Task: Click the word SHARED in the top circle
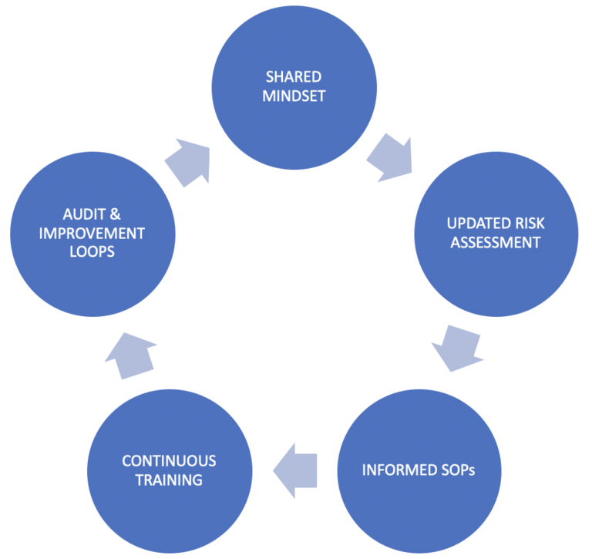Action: [x=294, y=77]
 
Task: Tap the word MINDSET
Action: [x=294, y=96]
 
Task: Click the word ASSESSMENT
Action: [x=496, y=244]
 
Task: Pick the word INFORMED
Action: [x=392, y=470]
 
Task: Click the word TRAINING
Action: [x=169, y=480]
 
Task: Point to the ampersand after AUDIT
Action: [x=111, y=214]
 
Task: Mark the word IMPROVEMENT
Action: [x=86, y=233]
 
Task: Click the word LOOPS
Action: [x=86, y=252]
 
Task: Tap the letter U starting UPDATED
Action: [x=452, y=224]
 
